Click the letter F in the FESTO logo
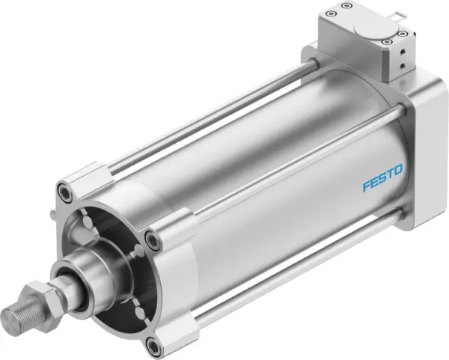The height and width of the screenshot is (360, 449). point(366,186)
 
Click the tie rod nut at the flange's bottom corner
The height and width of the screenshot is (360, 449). point(154,325)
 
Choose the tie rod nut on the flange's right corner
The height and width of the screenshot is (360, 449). point(153,241)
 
